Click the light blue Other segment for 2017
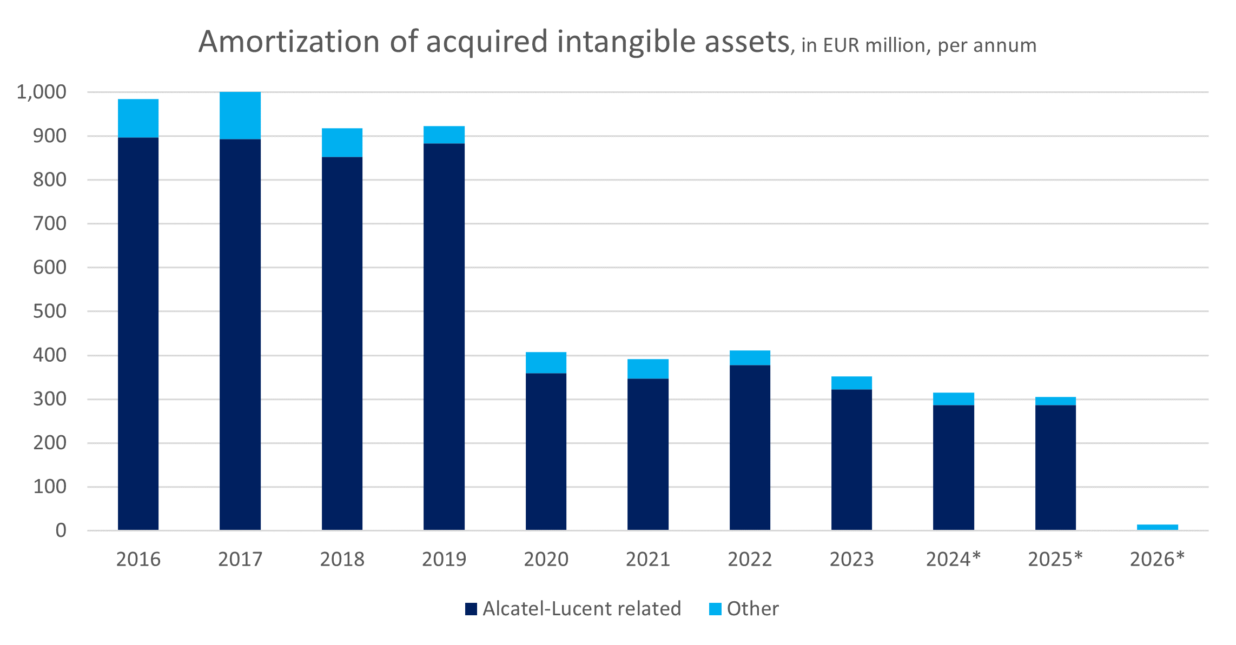(240, 116)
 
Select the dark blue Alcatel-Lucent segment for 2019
(444, 335)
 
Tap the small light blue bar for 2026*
(1157, 527)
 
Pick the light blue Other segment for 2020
(546, 363)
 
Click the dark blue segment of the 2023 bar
(851, 460)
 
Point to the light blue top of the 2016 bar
(138, 118)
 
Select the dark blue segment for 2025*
(1055, 468)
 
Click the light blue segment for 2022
(750, 358)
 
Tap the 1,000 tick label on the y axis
(42, 92)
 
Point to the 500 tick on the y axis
(50, 311)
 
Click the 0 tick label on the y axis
(61, 530)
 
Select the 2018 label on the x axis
(342, 559)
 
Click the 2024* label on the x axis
(953, 559)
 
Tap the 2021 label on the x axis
(647, 559)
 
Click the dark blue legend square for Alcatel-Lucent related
(471, 609)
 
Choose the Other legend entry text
(752, 609)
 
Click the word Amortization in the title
(289, 42)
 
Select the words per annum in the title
(987, 45)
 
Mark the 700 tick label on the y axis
(50, 223)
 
